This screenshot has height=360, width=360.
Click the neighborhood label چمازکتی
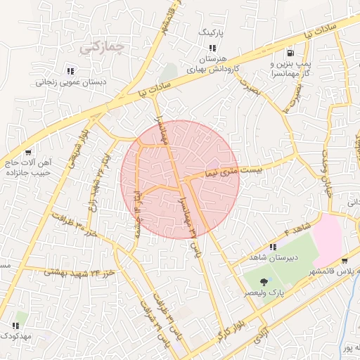click(103, 48)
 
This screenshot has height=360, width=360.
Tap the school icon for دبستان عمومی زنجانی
click(70, 71)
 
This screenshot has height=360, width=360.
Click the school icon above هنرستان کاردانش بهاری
click(212, 48)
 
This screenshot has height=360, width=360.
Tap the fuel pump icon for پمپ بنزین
click(290, 53)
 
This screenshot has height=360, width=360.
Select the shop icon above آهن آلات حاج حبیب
click(27, 153)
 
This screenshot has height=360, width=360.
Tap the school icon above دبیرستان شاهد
click(272, 246)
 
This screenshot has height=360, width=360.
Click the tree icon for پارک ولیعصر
click(263, 281)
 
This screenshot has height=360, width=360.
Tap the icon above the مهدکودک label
click(15, 326)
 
